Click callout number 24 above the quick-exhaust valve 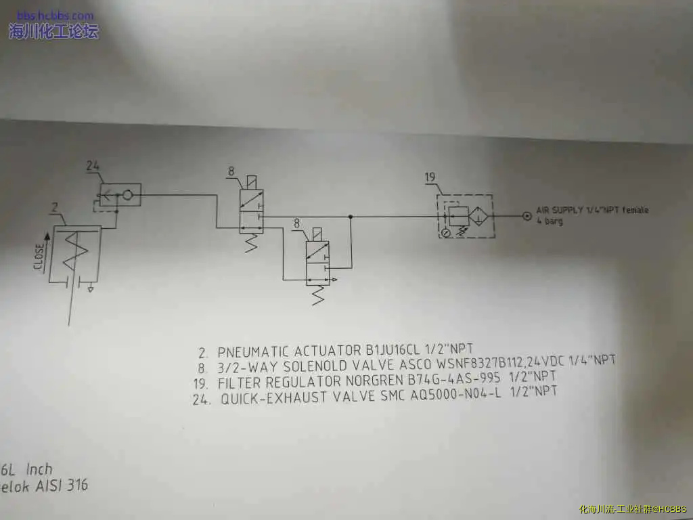click(93, 165)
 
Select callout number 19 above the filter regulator click(430, 177)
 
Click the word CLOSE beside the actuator click(39, 257)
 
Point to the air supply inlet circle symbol click(527, 216)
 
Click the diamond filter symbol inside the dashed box click(479, 216)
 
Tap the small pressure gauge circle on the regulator click(446, 232)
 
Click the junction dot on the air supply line click(350, 217)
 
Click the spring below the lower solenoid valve click(317, 294)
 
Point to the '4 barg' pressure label click(550, 221)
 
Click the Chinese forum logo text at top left click(53, 30)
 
